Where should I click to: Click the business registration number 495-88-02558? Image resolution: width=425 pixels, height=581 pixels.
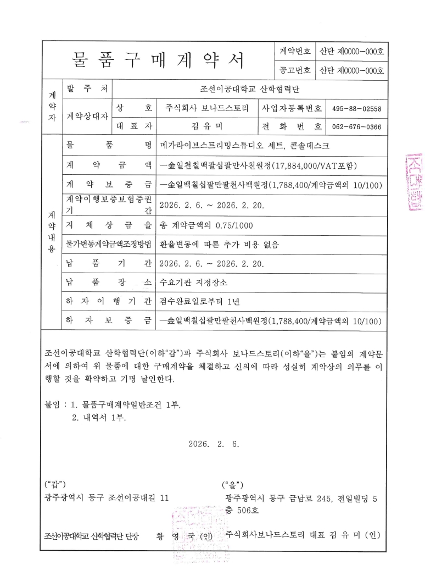click(x=357, y=108)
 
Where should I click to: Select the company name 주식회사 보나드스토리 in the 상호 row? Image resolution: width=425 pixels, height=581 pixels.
click(x=207, y=108)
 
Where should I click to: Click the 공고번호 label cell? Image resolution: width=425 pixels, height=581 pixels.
click(x=295, y=70)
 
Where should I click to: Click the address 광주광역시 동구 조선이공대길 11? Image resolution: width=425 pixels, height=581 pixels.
click(x=107, y=497)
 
